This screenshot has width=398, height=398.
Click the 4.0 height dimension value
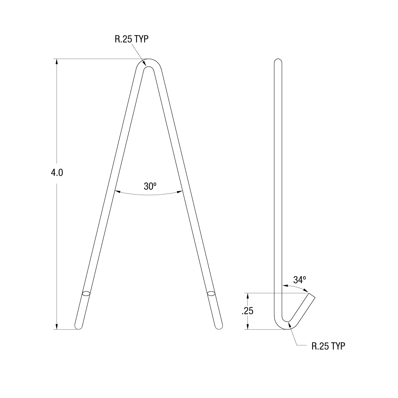57,173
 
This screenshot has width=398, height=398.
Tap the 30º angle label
150,186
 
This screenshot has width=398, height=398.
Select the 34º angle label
299,280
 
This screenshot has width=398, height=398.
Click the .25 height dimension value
247,311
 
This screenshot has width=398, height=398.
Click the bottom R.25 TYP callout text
328,346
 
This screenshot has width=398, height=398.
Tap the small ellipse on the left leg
87,294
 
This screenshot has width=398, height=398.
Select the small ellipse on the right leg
211,294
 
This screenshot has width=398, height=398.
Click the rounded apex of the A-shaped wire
148,63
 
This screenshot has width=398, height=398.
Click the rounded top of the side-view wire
278,61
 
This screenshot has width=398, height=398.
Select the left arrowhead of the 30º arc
116,192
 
